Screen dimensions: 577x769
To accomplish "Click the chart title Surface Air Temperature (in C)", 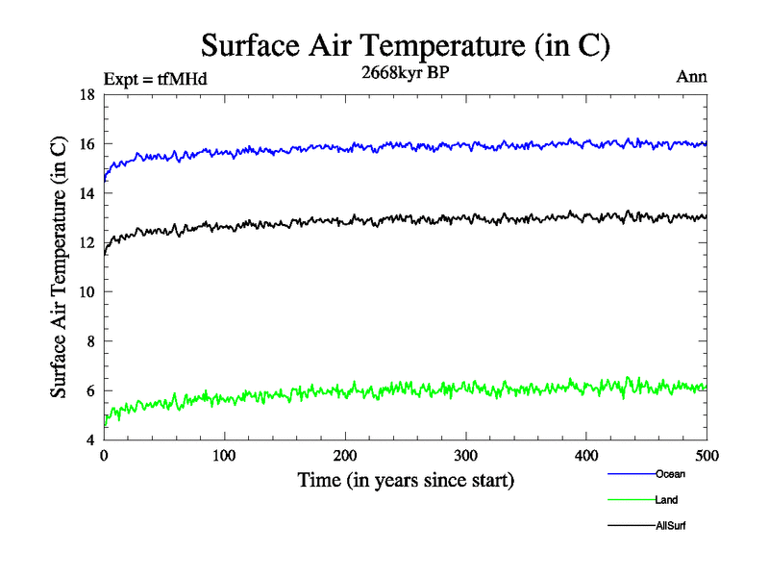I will click(406, 45).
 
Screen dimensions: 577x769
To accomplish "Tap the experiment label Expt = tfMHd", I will click(155, 79).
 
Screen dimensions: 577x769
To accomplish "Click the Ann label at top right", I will click(692, 77).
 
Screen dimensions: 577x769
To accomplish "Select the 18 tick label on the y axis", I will click(87, 95).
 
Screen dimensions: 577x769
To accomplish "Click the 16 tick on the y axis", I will click(87, 144).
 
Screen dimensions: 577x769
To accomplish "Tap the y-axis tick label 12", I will click(87, 243).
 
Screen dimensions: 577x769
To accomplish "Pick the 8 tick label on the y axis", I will click(90, 341).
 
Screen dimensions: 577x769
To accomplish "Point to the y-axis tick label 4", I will click(90, 440).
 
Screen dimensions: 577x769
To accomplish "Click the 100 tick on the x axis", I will click(224, 456).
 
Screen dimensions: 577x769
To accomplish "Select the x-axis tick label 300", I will click(465, 456).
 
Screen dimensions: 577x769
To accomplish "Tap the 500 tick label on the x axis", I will click(707, 456).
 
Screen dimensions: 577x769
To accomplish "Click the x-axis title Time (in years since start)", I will click(406, 480).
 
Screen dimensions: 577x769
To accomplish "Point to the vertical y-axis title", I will click(60, 267).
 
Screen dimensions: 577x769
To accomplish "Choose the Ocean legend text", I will click(670, 474).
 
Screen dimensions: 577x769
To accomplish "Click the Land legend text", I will click(667, 500).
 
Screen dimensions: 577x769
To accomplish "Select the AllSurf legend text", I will click(671, 526).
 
